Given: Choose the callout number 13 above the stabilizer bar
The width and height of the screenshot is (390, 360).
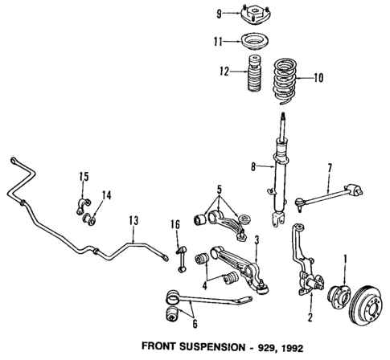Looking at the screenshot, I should coord(133,219).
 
